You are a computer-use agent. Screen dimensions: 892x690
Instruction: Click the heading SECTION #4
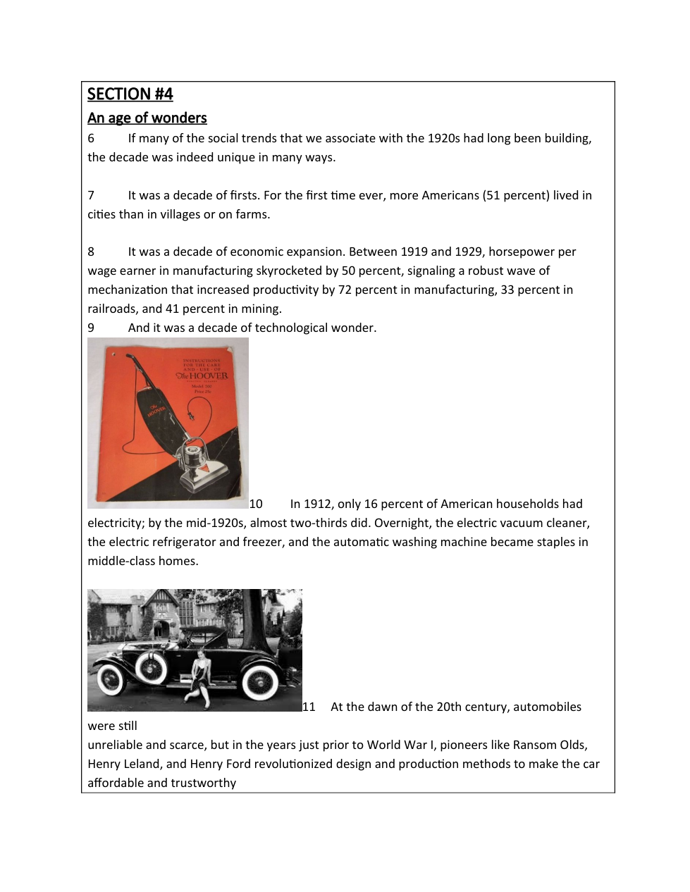tap(130, 94)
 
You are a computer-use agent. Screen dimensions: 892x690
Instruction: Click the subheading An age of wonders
tap(147, 118)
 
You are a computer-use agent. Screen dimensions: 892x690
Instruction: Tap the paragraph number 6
tap(91, 139)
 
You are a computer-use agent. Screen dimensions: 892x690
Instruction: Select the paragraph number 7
tap(91, 196)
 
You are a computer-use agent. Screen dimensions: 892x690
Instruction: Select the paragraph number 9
tap(91, 328)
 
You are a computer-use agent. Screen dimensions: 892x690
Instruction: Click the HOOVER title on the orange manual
tap(203, 376)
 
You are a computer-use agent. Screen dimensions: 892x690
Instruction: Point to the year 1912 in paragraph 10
tap(318, 504)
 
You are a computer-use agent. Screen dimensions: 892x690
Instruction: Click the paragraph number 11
tap(309, 707)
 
